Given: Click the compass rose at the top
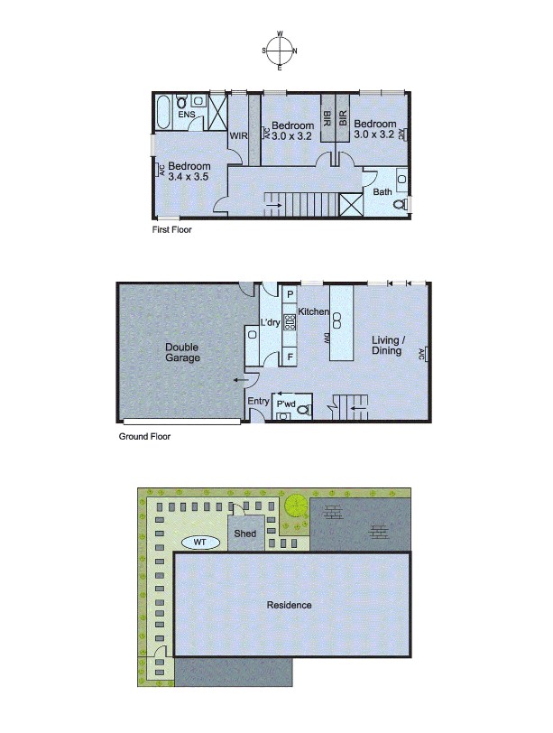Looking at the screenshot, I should click(280, 51).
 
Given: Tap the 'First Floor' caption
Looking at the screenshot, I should click(171, 230).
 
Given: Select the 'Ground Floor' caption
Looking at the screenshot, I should click(144, 437).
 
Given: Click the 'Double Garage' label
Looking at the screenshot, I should click(181, 352).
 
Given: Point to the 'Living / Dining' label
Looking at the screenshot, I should click(387, 346).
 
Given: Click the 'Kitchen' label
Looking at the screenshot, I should click(314, 311).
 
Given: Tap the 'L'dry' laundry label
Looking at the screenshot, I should click(270, 323).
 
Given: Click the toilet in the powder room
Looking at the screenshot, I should click(302, 410).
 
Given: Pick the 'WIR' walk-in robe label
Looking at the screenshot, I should click(238, 136).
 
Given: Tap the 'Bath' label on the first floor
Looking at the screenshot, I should click(382, 191).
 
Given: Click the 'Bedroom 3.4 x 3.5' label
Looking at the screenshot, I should click(189, 172).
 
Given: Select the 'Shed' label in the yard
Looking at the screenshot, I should click(244, 534).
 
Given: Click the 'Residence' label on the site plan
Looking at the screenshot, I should click(290, 605).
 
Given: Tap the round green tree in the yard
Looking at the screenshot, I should click(294, 507).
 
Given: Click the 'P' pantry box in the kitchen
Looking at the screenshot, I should click(290, 294).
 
